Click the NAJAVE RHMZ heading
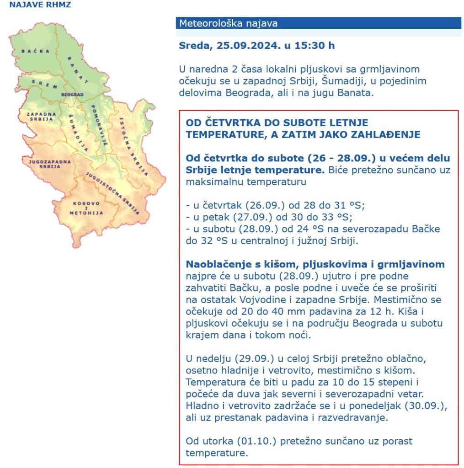pyautogui.click(x=40, y=5)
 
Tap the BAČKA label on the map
pyautogui.click(x=35, y=51)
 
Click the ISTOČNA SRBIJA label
pyautogui.click(x=133, y=146)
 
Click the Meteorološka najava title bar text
pyautogui.click(x=228, y=23)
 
